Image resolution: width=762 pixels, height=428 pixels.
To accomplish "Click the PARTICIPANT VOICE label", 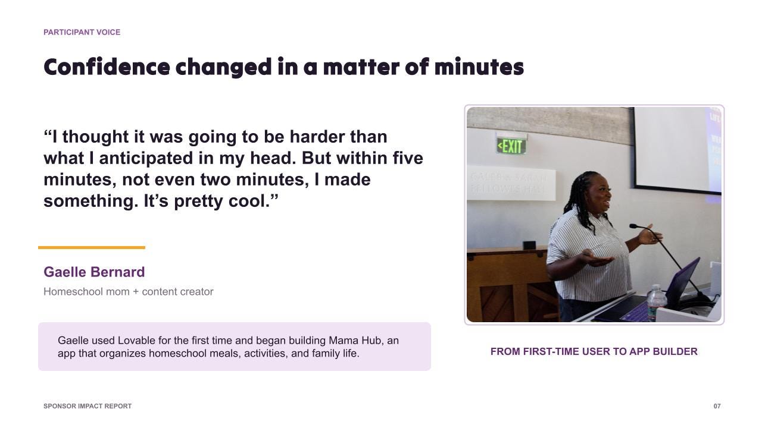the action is click(82, 32).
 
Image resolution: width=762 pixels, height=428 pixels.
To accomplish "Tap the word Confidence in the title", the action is click(107, 67).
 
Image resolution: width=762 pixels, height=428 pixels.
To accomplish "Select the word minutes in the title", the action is click(479, 67).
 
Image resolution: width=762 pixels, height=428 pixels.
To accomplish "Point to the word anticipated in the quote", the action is click(146, 158).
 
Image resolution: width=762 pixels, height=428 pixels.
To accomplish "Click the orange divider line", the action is click(92, 248).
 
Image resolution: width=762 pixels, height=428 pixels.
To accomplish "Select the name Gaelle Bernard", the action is click(94, 272).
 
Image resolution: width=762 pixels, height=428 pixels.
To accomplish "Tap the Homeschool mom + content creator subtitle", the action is click(128, 291).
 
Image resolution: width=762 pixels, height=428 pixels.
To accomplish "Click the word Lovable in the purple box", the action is click(137, 341).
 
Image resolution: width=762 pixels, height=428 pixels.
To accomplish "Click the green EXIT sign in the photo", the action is click(511, 146).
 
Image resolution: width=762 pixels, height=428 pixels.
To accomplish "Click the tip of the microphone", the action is click(633, 226).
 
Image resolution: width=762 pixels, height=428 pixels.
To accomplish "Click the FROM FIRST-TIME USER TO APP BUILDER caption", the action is click(594, 351).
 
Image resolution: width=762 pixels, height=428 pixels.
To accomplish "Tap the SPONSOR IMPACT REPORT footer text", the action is click(88, 406).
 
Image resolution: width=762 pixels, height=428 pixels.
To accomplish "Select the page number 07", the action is click(717, 406).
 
